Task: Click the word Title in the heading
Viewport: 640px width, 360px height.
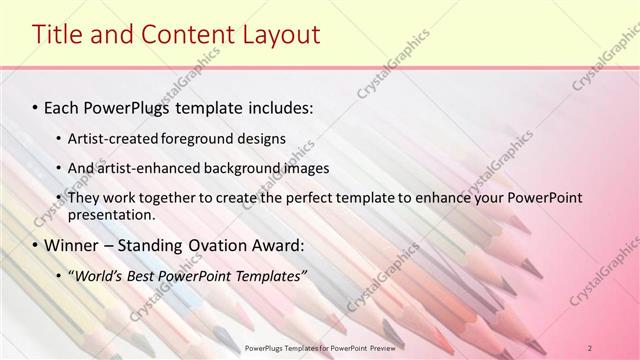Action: [58, 35]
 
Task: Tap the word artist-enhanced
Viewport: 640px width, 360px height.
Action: [144, 168]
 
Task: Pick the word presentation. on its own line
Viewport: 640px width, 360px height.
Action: [111, 214]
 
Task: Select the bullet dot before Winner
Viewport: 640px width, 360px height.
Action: [36, 245]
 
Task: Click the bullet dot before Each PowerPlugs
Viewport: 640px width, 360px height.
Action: [36, 105]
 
